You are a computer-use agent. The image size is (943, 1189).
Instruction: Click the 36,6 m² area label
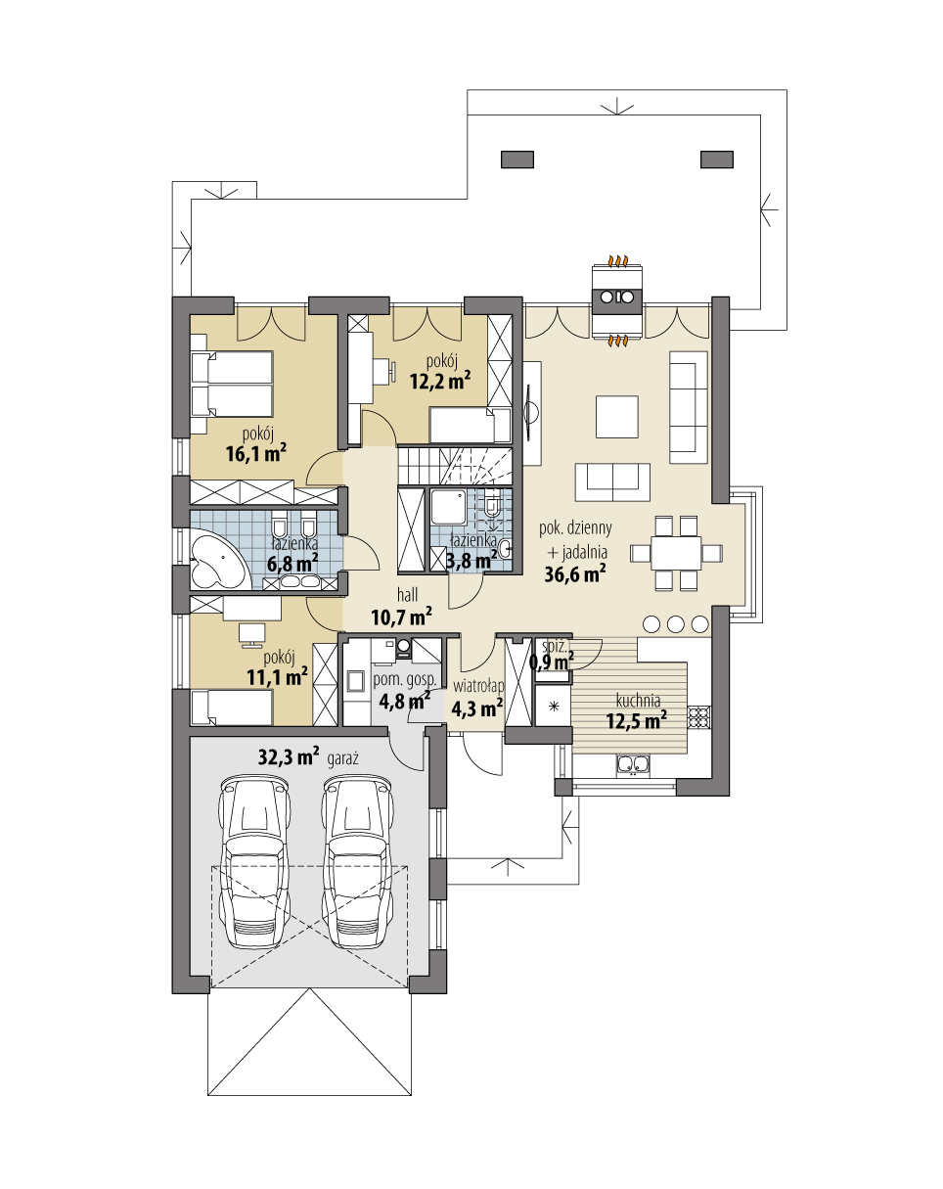click(x=575, y=574)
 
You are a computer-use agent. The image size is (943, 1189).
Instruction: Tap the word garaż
click(x=343, y=759)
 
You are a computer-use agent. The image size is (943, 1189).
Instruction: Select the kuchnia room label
click(x=638, y=701)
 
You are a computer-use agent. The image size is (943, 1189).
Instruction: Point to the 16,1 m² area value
click(x=255, y=454)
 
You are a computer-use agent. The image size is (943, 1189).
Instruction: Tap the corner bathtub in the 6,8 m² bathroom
click(x=217, y=559)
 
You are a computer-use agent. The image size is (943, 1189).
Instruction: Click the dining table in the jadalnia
click(x=676, y=553)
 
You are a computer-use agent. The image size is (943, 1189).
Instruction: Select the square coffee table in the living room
click(x=616, y=417)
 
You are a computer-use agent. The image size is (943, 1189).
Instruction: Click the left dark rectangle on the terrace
click(x=517, y=160)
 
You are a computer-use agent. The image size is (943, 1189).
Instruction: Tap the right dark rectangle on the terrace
click(x=717, y=160)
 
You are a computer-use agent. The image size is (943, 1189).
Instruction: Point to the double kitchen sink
click(x=633, y=764)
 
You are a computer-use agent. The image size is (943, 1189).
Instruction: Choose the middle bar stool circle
click(x=676, y=624)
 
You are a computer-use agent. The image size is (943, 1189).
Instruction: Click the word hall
click(x=408, y=595)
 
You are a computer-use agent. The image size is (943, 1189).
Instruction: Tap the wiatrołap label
click(x=478, y=686)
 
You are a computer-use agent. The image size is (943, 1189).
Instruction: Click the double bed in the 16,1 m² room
click(x=232, y=384)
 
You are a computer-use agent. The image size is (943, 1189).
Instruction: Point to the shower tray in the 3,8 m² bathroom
click(x=449, y=507)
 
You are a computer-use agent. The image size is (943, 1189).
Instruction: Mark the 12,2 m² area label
click(x=440, y=380)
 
